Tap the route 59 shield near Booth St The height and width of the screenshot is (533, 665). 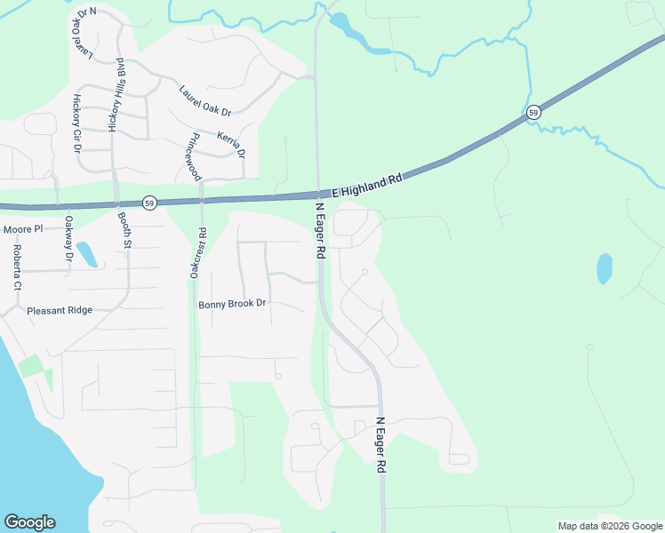pos(150,203)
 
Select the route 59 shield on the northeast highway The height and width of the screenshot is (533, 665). pos(533,112)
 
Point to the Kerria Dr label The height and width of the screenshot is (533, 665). pos(230,143)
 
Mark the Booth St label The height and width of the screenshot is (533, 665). pos(124,229)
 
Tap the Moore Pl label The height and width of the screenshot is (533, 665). pos(23,229)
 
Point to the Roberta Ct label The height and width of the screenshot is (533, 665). pos(16,268)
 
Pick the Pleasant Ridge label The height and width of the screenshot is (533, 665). pos(60,311)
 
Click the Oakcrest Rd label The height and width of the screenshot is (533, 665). pos(196,255)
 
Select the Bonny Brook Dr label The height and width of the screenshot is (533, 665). pos(232,304)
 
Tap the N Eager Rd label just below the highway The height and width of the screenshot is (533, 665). pos(319,231)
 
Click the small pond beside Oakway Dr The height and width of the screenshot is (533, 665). pos(87,255)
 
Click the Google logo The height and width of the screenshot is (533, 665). pos(29,522)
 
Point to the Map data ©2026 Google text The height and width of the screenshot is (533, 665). pos(610,526)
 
